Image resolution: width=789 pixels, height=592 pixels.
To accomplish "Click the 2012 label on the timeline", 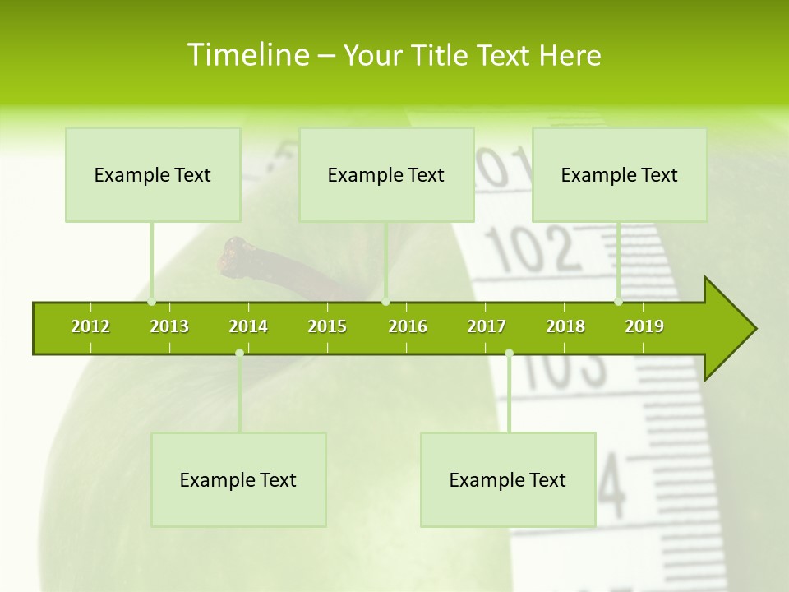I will tap(90, 326).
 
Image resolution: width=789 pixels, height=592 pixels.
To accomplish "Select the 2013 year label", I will tap(169, 326).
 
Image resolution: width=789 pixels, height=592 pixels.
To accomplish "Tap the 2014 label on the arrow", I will tap(248, 326).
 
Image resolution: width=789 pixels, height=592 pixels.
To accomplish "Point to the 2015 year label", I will tap(327, 326).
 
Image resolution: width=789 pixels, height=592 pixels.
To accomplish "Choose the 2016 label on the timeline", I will tap(408, 326).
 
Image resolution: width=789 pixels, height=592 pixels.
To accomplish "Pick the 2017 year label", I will tap(487, 326).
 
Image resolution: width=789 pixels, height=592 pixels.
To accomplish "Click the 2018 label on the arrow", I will tap(565, 326).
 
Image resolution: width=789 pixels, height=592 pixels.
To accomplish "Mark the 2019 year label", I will tap(644, 326).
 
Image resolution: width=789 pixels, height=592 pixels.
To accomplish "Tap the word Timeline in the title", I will tap(247, 55).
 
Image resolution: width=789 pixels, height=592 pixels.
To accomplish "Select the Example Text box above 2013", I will tap(153, 174).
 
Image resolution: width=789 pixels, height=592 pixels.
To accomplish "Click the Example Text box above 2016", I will tap(386, 174).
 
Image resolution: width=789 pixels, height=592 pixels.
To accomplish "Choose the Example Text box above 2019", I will tap(620, 174).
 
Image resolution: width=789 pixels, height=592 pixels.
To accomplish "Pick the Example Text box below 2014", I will tap(238, 479).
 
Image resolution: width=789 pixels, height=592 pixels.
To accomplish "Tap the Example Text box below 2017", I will tap(508, 479).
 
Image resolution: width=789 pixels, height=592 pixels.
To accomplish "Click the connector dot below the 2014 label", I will tap(239, 353).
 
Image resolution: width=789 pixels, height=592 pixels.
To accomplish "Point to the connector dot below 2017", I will tap(509, 353).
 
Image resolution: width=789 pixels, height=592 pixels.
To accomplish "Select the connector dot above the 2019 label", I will tap(619, 302).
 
